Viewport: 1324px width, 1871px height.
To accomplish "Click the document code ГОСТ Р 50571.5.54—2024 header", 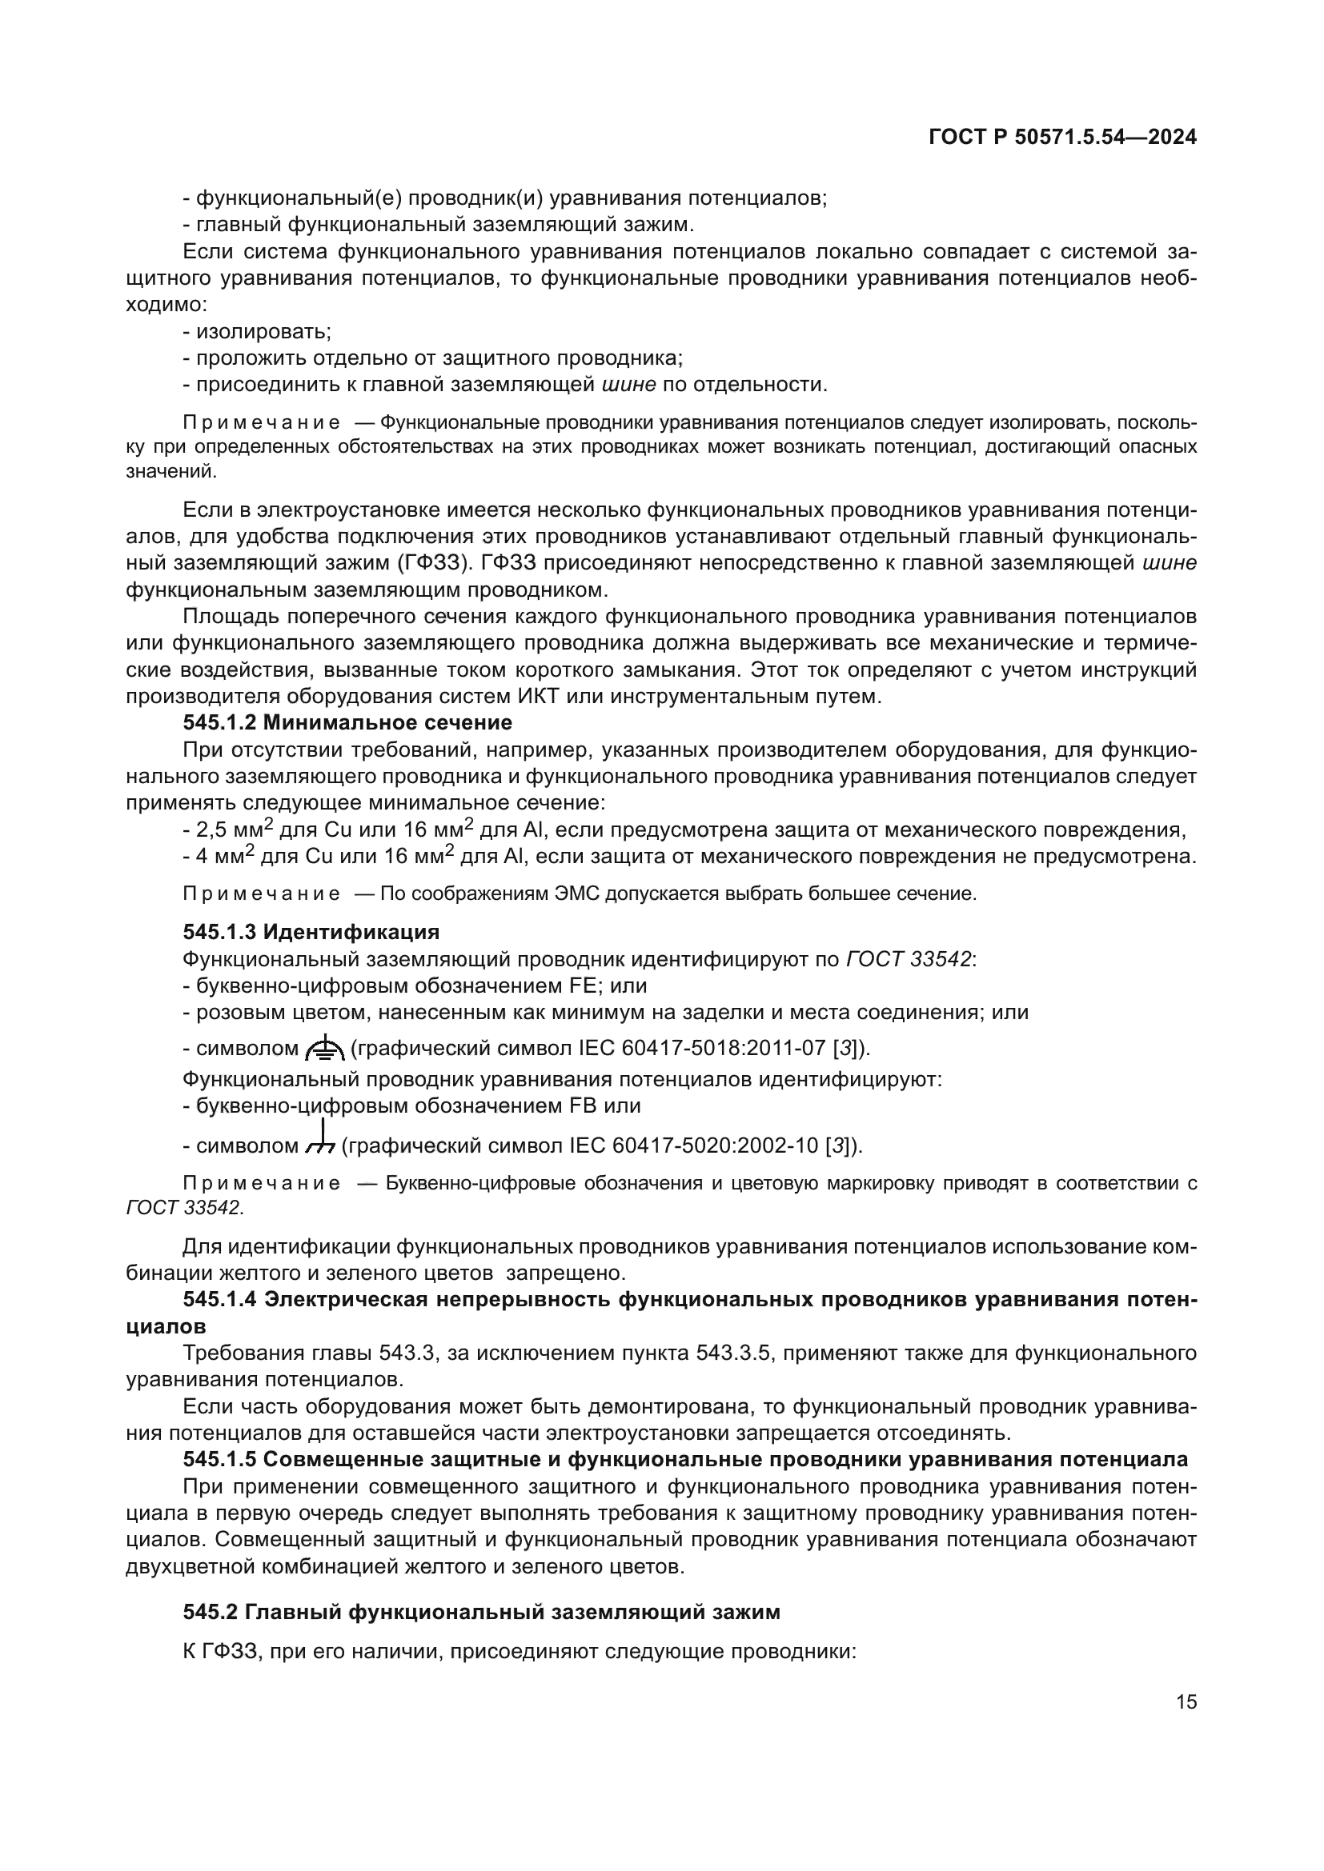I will click(1062, 137).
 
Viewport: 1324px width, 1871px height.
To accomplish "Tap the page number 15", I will click(1186, 1701).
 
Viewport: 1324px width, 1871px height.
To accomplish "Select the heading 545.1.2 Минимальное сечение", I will click(347, 722).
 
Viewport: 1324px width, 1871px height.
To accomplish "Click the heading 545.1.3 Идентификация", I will click(311, 931).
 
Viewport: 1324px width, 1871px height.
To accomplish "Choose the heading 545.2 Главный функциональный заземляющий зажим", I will click(481, 1612).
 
